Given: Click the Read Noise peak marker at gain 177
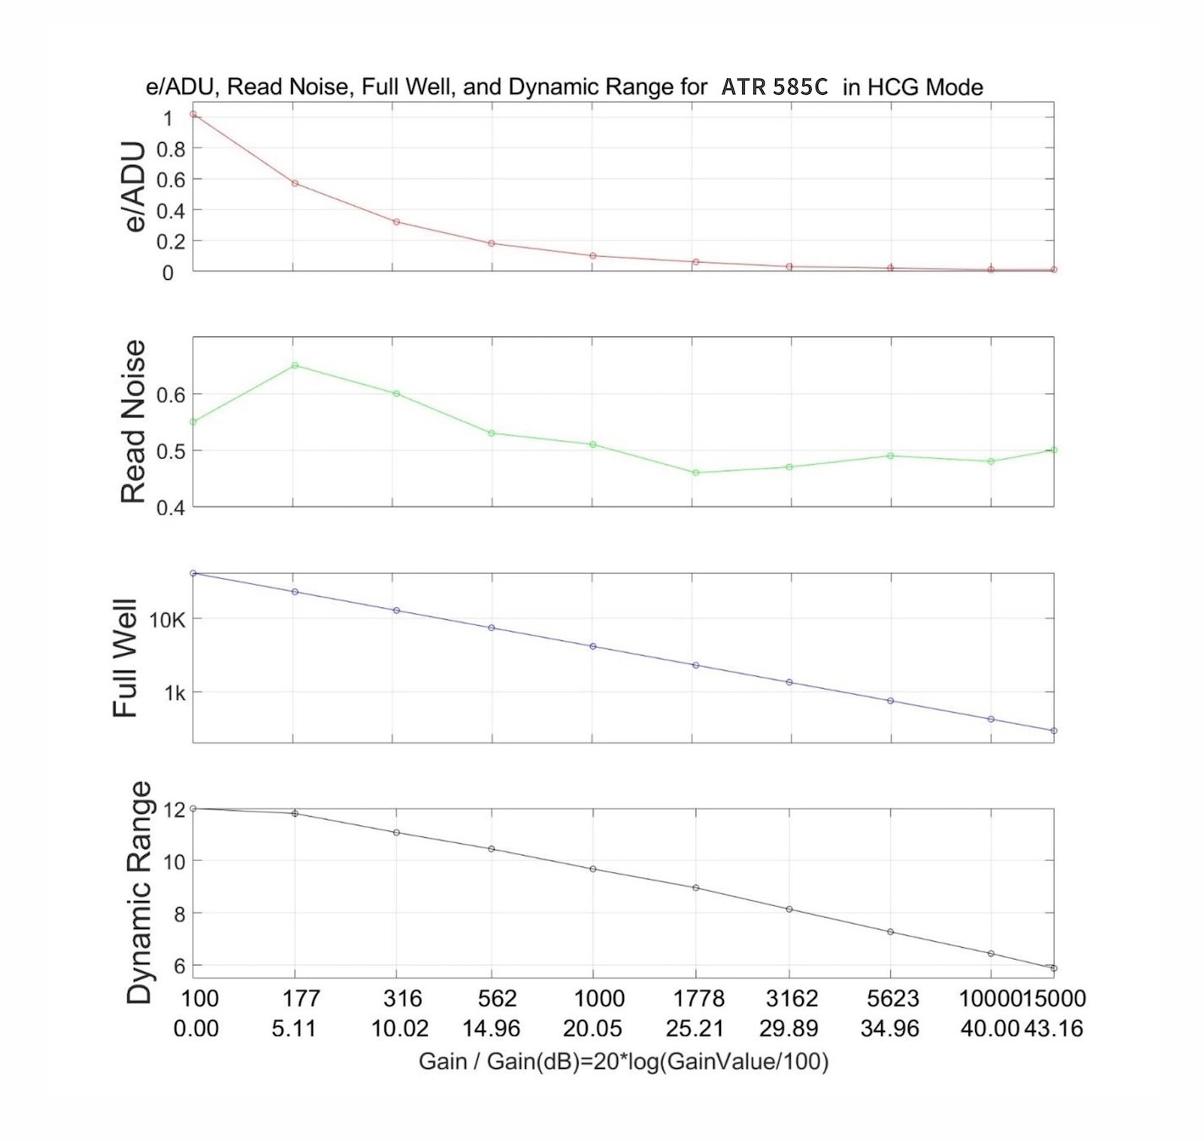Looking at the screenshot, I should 295,366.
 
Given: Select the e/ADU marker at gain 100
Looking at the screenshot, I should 193,114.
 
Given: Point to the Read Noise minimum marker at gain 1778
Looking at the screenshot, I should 696,472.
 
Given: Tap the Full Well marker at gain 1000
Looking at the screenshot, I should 593,646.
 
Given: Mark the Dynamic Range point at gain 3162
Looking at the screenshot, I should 789,909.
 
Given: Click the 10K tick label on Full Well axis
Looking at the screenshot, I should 167,620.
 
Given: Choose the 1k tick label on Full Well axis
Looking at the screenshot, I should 175,693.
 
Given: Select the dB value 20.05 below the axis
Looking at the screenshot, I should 593,1028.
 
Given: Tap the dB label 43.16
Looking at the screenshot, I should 1053,1028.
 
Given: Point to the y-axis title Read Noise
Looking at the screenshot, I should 133,421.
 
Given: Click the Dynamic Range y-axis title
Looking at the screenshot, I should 139,892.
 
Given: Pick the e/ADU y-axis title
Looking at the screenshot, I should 132,187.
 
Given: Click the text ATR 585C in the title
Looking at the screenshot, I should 774,87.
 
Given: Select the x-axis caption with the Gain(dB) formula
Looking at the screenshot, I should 623,1061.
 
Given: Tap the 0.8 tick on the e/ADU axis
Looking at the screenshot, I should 170,149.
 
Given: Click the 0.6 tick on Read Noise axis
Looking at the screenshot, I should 170,394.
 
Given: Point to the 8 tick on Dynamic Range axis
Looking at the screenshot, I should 178,913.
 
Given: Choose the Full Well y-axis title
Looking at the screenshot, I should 126,658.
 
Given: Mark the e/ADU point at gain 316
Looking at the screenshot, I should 396,222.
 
